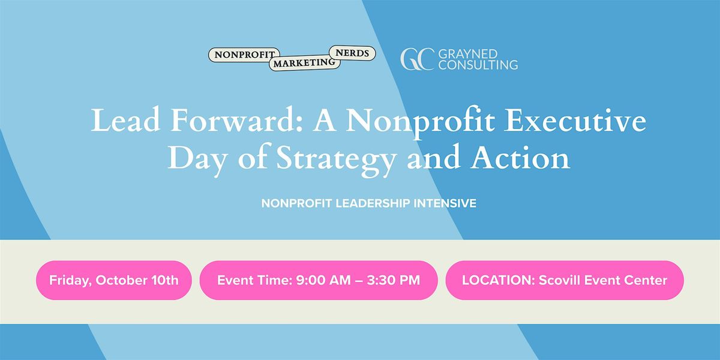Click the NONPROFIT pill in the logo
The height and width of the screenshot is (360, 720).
point(244,55)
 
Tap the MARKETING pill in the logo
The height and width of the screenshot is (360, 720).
point(304,62)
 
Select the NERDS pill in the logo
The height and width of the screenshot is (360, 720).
point(352,53)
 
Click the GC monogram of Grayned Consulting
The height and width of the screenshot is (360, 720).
point(417,59)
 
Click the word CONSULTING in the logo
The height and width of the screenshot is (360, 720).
point(478,65)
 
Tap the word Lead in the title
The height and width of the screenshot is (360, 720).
point(125,120)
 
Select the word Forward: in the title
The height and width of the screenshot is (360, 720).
point(236,120)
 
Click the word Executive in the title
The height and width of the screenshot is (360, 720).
point(575,120)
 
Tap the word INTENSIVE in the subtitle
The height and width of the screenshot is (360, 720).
point(445,203)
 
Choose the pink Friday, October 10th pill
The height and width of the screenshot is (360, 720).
point(114,280)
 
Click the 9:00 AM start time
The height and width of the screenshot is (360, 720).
point(323,280)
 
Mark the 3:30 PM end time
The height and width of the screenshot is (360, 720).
point(394,280)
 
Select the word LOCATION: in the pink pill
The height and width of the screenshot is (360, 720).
point(498,280)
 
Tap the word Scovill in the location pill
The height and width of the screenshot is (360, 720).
point(560,280)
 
